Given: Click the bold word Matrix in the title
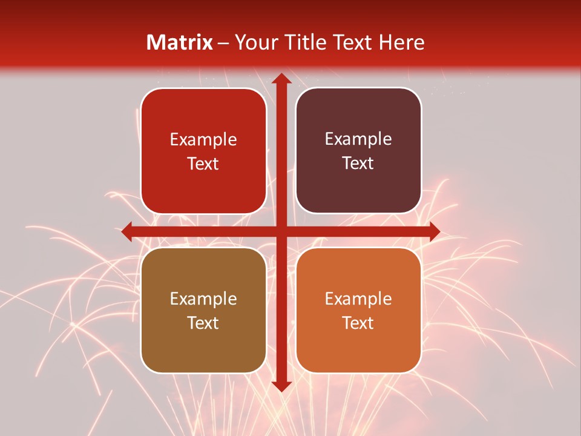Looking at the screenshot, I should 180,42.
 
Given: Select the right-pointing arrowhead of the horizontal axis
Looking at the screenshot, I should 433,231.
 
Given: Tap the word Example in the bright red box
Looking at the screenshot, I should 203,140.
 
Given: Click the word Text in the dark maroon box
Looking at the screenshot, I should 358,163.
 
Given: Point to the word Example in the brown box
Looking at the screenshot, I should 203,299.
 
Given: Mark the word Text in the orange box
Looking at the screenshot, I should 358,323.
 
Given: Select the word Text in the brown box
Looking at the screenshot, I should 203,323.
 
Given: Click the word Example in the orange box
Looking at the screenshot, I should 358,299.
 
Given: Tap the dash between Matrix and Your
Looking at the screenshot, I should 223,43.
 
